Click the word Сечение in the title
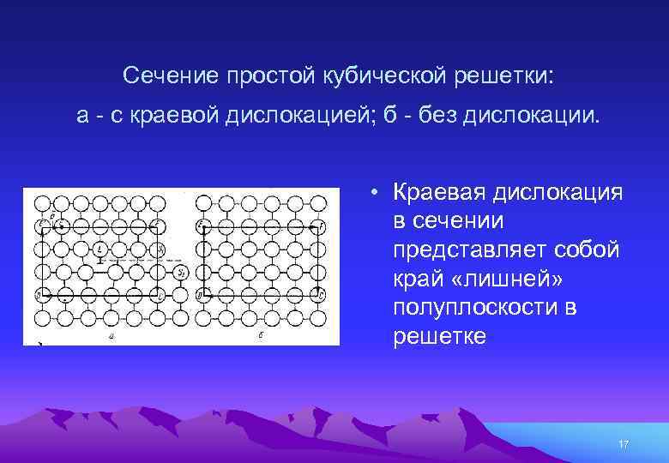(172, 76)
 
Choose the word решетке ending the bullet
(439, 337)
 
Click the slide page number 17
(624, 444)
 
